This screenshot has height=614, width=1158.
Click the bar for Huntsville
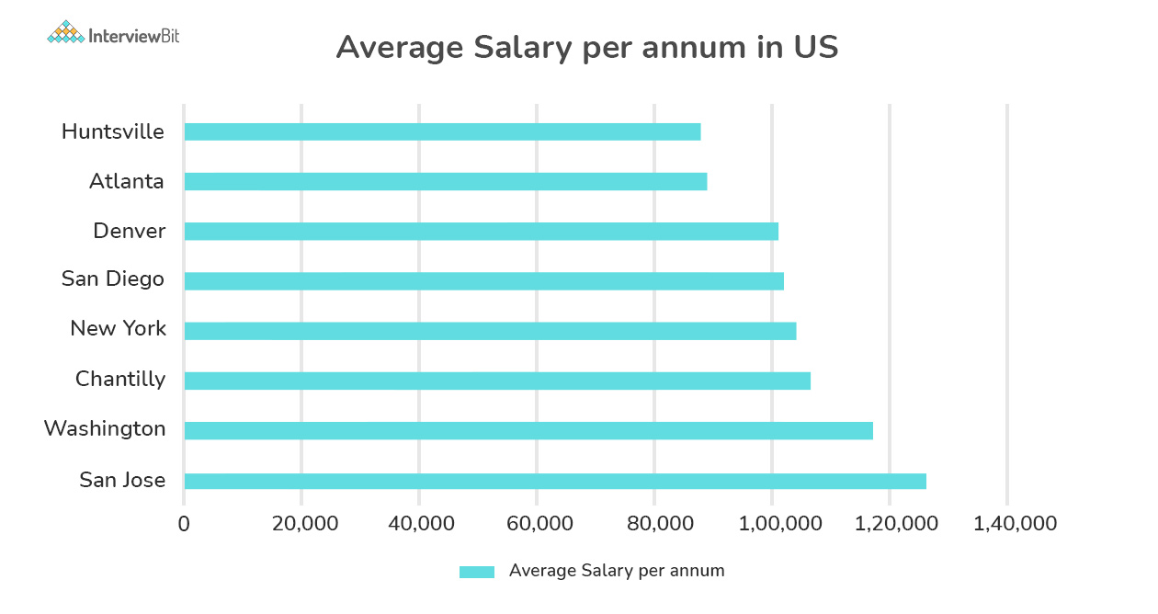click(x=442, y=131)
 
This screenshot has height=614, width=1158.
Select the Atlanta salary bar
click(x=446, y=181)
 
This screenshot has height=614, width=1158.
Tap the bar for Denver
click(x=481, y=231)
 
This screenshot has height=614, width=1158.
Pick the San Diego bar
click(x=483, y=280)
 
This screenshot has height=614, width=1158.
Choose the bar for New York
click(x=490, y=331)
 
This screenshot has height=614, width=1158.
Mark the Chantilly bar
click(x=497, y=381)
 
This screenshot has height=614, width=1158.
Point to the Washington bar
click(x=528, y=430)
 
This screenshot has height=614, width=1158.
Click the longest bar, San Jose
click(x=555, y=481)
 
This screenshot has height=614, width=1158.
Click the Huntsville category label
click(x=112, y=131)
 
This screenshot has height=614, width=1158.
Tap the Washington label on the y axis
click(x=105, y=429)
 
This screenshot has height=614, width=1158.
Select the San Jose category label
click(x=122, y=480)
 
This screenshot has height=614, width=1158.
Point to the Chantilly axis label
click(x=120, y=379)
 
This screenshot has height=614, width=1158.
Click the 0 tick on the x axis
click(x=184, y=524)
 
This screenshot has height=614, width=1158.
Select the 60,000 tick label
click(x=537, y=524)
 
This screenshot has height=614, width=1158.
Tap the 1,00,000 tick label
click(x=772, y=524)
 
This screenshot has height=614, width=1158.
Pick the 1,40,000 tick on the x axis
click(x=1007, y=524)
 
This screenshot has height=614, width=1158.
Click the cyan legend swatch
click(x=477, y=572)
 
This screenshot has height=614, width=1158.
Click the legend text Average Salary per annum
click(x=617, y=571)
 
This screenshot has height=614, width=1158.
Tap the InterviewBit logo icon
click(x=64, y=33)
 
